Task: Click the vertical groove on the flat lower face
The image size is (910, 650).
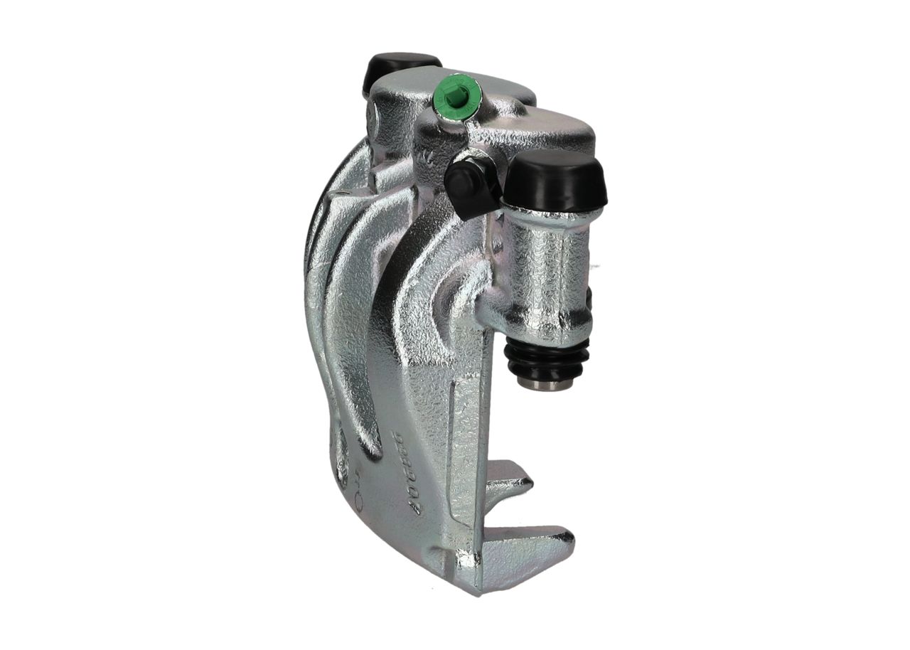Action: (x=456, y=441)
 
